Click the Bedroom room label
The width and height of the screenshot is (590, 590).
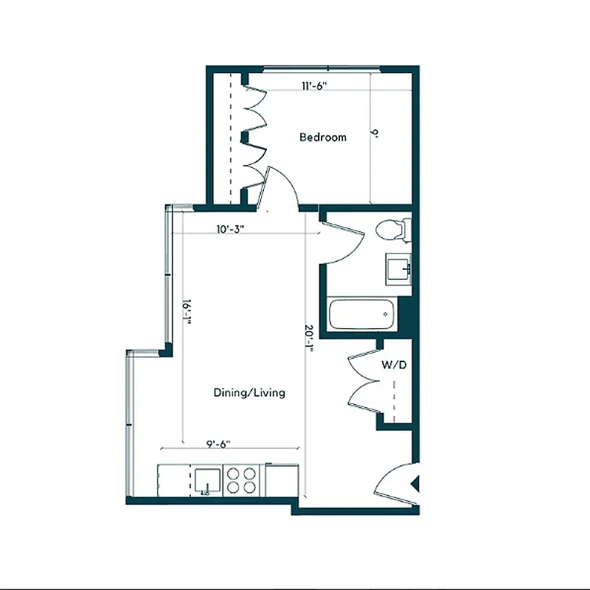click(x=322, y=137)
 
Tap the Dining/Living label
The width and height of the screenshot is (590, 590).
click(x=249, y=393)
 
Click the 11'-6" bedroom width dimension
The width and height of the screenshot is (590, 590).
click(x=314, y=86)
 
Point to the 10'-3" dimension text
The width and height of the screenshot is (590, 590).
click(x=230, y=229)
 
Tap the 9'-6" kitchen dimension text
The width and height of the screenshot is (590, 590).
click(x=218, y=443)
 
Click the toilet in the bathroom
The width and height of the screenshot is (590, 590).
click(x=392, y=230)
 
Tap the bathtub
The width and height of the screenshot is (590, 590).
click(x=362, y=314)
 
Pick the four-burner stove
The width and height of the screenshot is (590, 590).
click(x=241, y=480)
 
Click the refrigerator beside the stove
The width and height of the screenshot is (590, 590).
click(x=281, y=480)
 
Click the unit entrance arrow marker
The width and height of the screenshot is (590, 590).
click(x=414, y=485)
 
